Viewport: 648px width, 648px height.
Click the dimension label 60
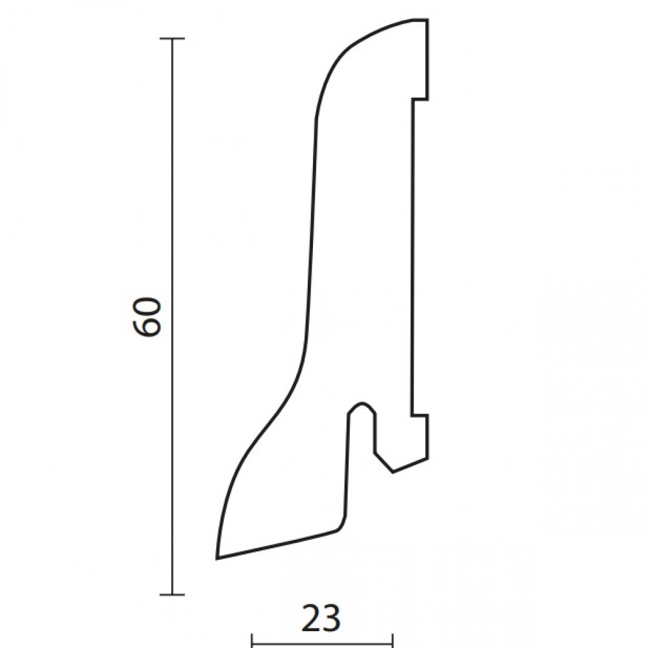click(x=146, y=317)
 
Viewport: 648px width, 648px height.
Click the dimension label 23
click(x=321, y=619)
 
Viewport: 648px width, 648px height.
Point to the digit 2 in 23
click(x=311, y=619)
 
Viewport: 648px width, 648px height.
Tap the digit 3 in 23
click(x=332, y=619)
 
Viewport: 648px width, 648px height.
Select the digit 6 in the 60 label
click(x=146, y=327)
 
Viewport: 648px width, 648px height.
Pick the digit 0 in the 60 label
click(x=146, y=307)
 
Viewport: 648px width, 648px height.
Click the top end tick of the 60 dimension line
click(x=172, y=38)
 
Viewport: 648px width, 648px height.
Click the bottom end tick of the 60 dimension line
click(x=172, y=595)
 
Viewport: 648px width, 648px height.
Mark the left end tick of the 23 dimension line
click(x=252, y=641)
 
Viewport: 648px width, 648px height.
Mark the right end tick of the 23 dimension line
click(x=393, y=641)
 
